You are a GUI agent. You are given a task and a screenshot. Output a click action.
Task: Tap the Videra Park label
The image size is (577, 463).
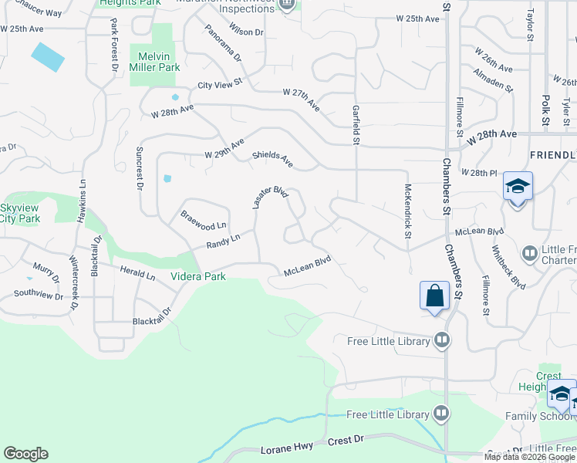click(198, 275)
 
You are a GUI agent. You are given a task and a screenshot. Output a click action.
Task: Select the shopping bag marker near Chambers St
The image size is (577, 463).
click(434, 295)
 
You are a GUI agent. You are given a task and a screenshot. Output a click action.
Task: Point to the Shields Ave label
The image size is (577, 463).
click(273, 160)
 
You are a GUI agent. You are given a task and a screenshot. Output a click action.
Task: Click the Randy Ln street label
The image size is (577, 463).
click(224, 242)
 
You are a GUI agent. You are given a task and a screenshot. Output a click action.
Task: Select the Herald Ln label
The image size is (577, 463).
click(138, 272)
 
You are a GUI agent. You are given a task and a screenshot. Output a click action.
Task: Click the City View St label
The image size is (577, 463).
click(220, 84)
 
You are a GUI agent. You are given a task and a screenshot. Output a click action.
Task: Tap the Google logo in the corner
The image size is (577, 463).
click(25, 454)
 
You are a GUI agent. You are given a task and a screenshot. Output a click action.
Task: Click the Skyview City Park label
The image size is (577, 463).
click(20, 214)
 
